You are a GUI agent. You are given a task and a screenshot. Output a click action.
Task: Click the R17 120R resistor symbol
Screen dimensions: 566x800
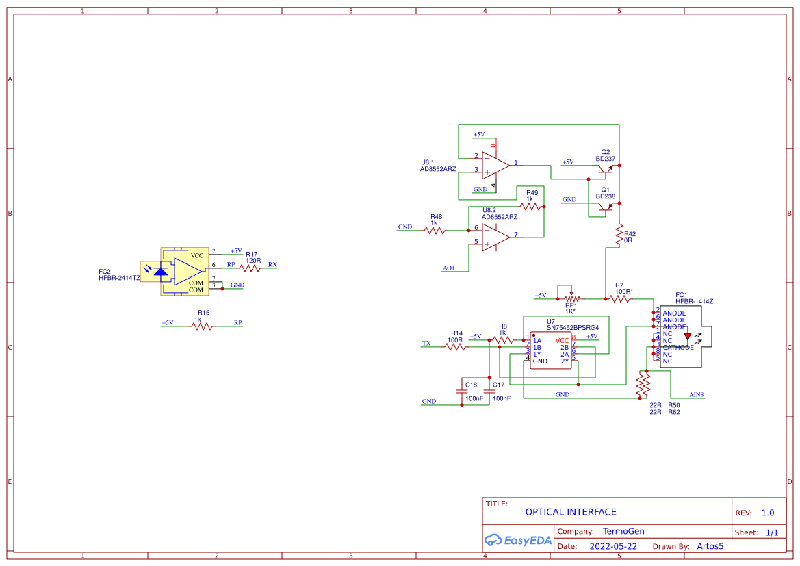point(251,269)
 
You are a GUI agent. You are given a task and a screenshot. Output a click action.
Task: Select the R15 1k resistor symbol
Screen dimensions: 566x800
point(201,326)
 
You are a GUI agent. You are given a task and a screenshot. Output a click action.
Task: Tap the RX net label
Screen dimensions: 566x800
point(272,264)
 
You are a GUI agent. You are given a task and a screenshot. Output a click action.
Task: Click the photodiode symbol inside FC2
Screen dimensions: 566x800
point(161,272)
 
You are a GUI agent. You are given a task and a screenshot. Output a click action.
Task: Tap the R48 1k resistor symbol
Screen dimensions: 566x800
point(435,231)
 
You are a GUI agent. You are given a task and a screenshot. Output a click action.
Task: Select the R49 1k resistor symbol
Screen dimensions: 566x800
point(532,206)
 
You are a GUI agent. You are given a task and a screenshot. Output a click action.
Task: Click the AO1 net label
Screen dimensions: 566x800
point(449,268)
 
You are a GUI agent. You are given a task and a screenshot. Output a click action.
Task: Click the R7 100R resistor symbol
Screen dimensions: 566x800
point(619,298)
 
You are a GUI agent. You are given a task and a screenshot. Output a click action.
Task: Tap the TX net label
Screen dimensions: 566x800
point(426,343)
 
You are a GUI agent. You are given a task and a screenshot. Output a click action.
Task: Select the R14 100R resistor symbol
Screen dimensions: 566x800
point(455,347)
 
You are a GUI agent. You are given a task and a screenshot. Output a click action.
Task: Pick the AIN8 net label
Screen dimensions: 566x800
point(696,395)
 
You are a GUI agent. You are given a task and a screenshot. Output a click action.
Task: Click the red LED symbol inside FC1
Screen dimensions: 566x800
point(688,336)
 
